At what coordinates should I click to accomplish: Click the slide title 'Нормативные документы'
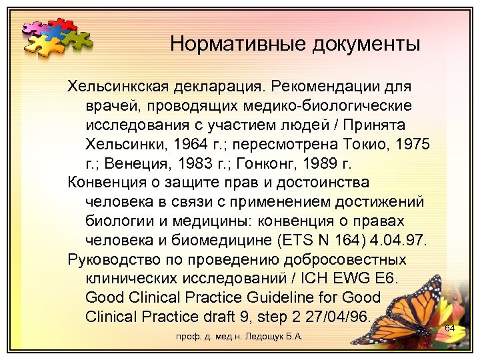coord(295,44)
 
